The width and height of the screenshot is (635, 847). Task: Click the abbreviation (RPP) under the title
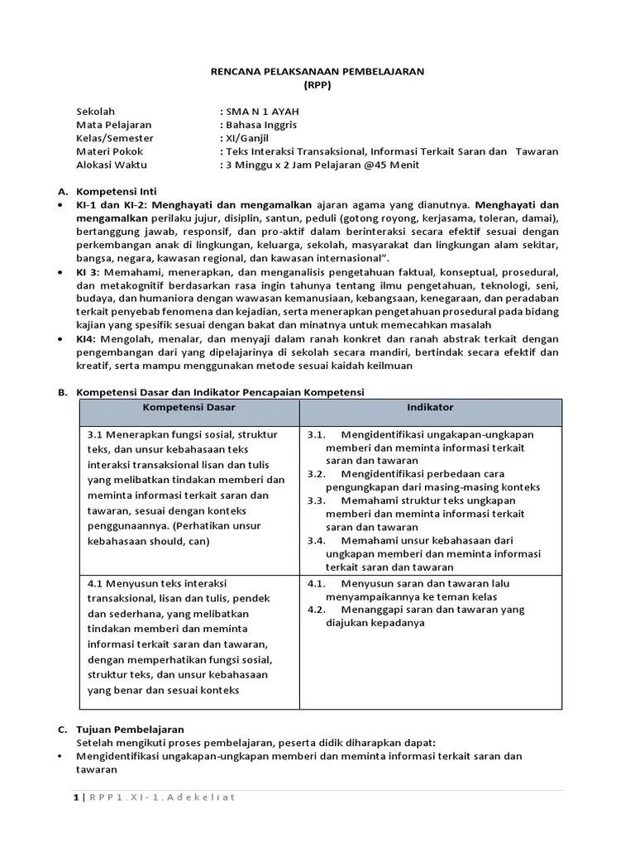pyautogui.click(x=317, y=85)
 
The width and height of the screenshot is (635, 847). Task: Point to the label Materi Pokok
pyautogui.click(x=109, y=151)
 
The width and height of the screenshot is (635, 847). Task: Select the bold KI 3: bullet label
pyautogui.click(x=89, y=272)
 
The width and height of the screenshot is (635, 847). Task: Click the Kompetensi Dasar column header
pyautogui.click(x=189, y=408)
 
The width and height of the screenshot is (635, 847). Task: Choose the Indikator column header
pyautogui.click(x=429, y=408)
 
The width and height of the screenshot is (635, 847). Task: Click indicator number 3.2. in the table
pyautogui.click(x=317, y=474)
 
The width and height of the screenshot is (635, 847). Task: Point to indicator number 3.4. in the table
pyautogui.click(x=317, y=540)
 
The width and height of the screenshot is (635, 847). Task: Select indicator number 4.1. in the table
pyautogui.click(x=317, y=583)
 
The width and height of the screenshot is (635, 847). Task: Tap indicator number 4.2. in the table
pyautogui.click(x=317, y=610)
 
